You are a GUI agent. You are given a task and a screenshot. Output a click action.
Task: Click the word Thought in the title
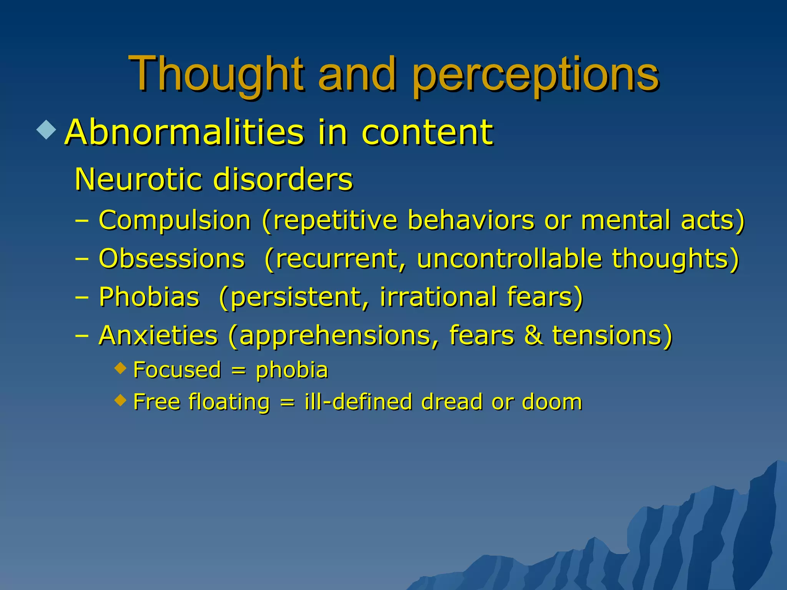coord(217,74)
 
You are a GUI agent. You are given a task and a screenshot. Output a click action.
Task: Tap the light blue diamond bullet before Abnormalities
coord(46,129)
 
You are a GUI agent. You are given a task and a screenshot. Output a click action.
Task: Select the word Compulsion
coord(175,220)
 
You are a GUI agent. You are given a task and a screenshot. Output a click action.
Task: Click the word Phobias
coord(149,297)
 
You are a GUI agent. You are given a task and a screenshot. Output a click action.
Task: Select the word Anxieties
coord(158,335)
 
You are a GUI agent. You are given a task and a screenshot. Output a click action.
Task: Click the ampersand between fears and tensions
coord(533,335)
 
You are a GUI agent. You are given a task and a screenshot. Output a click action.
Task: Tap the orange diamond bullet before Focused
coord(121,368)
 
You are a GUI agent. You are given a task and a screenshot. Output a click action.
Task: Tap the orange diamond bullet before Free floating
coord(121,400)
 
